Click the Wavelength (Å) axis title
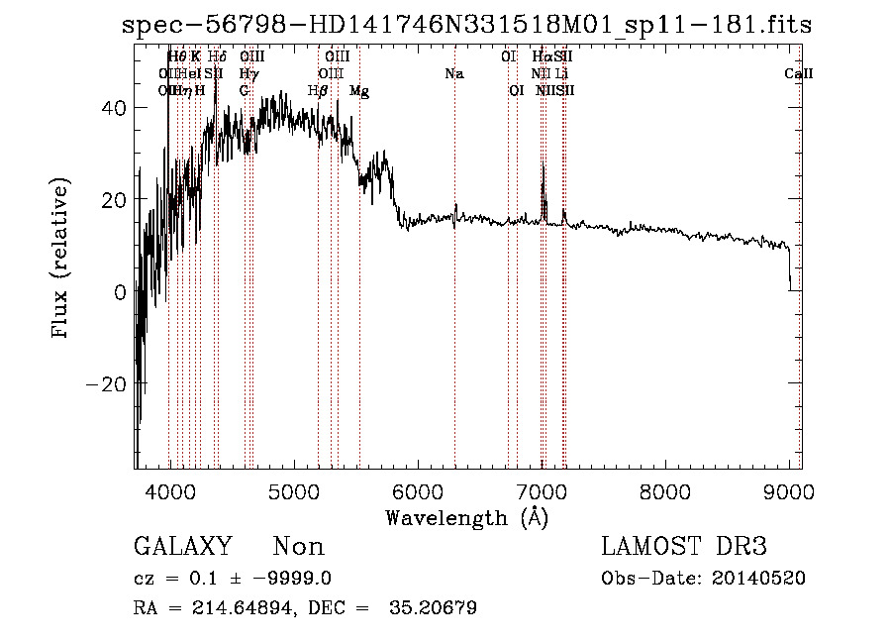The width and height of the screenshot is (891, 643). click(466, 517)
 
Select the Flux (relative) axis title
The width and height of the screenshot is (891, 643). click(61, 260)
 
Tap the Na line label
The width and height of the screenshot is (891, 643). click(454, 73)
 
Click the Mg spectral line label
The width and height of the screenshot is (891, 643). click(359, 90)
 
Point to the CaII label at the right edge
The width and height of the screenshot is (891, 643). click(798, 73)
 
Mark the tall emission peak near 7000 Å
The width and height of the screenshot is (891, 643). click(543, 166)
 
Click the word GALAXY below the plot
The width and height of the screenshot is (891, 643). click(183, 546)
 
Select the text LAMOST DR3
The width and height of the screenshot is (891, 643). click(683, 546)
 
